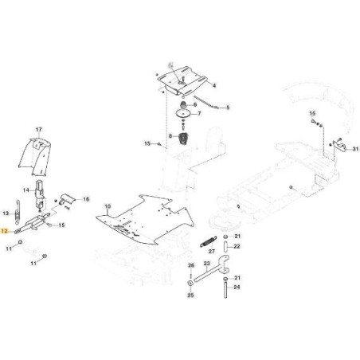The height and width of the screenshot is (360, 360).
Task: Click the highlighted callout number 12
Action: [x=4, y=231]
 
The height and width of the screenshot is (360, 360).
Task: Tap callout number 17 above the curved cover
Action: [x=39, y=130]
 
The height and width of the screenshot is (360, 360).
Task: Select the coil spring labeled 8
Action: [x=182, y=138]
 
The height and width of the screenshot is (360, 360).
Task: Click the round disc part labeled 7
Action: [x=183, y=114]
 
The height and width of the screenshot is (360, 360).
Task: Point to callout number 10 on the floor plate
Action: [x=108, y=206]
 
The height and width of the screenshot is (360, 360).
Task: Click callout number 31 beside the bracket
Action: [x=355, y=149]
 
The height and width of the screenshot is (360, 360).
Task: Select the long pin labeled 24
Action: [x=225, y=290]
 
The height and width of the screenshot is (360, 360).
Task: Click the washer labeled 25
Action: [x=190, y=283]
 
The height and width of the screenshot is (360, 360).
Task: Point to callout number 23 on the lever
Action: [x=207, y=264]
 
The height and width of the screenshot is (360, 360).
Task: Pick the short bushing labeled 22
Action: [x=225, y=247]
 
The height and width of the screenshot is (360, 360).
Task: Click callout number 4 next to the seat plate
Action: [x=214, y=85]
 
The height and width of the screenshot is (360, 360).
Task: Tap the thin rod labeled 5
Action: [x=206, y=102]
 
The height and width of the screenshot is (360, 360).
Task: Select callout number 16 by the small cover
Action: [x=86, y=199]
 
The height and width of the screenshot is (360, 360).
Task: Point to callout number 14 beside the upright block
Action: [x=26, y=190]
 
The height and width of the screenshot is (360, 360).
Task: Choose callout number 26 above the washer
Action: [x=191, y=265]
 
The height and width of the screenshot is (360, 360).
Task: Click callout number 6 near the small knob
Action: [x=195, y=104]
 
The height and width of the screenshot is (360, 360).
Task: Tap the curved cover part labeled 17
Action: [x=35, y=157]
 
